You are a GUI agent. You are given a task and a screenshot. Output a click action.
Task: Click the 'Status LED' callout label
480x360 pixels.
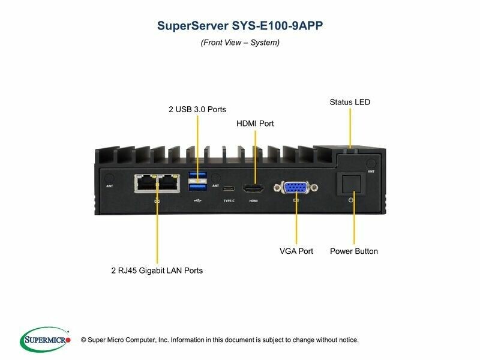[x=350, y=102]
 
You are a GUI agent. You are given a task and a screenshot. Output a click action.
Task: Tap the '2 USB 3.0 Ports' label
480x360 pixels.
[x=197, y=110]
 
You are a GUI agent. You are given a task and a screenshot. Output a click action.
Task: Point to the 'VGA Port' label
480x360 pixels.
[x=296, y=251]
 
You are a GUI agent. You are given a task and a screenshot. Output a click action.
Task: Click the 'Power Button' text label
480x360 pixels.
[x=354, y=251]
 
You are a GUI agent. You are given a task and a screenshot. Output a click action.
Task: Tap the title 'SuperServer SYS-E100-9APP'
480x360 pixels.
[x=239, y=26]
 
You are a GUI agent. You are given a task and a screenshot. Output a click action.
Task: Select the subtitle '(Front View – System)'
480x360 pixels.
[x=240, y=43]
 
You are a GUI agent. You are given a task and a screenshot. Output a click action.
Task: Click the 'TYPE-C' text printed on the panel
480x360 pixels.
[x=229, y=200]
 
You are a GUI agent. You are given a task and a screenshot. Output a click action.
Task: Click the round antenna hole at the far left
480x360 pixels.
[x=109, y=178]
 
